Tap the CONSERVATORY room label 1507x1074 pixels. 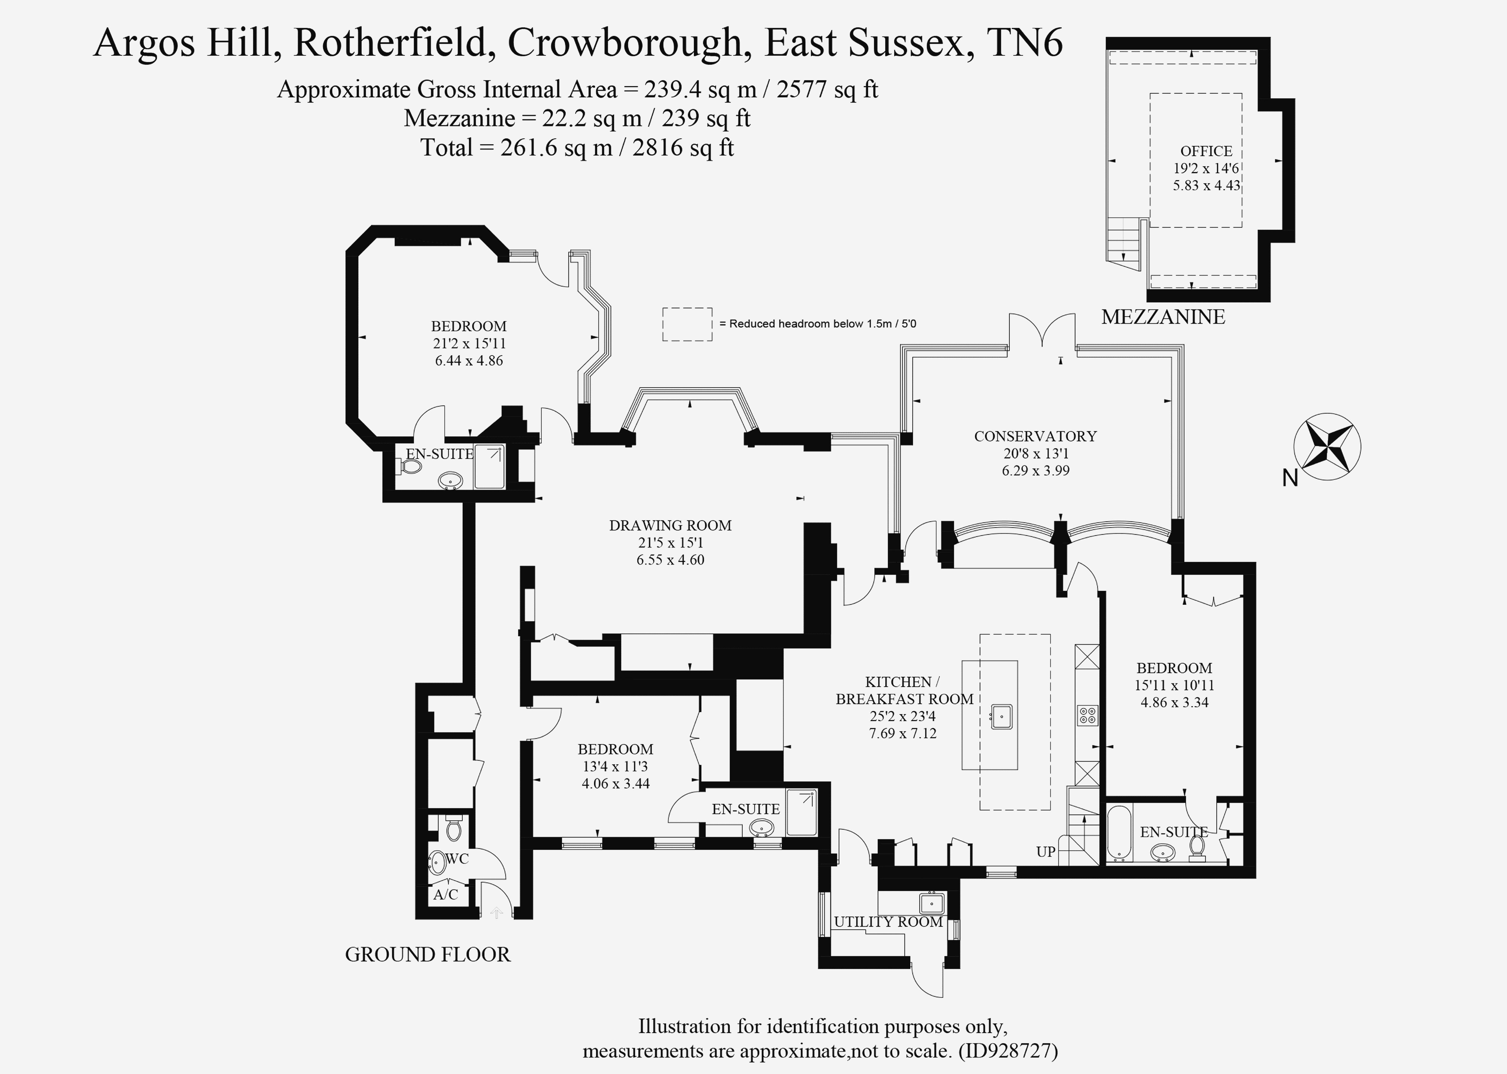pyautogui.click(x=1035, y=436)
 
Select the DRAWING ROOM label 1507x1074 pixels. pyautogui.click(x=670, y=526)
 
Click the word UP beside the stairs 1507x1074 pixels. pyautogui.click(x=1046, y=852)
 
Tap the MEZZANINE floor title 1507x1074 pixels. pyautogui.click(x=1162, y=317)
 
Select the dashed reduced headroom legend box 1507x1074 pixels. pyautogui.click(x=687, y=324)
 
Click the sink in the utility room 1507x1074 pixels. pyautogui.click(x=931, y=903)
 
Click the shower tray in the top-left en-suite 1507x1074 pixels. pyautogui.click(x=489, y=467)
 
